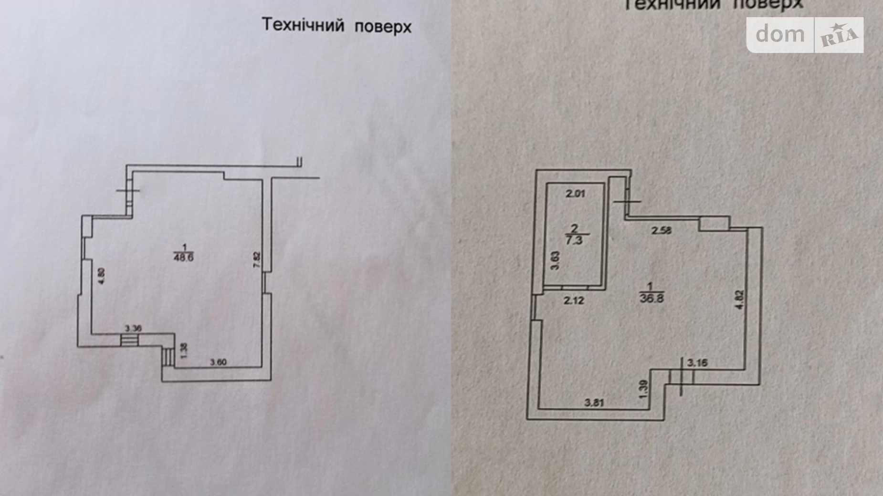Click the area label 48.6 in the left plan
[184, 258]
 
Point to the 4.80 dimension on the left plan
[101, 277]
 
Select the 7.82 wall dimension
[257, 260]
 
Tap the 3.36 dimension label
[133, 329]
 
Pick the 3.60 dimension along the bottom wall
[218, 362]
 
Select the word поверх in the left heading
[383, 26]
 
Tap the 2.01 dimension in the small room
[575, 194]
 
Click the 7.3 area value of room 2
[574, 240]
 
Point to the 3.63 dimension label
[555, 261]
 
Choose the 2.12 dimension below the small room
[574, 300]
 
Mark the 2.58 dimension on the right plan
[662, 231]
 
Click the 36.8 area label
[652, 299]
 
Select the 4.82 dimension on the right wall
[740, 300]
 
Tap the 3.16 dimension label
[697, 363]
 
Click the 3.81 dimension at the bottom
[594, 403]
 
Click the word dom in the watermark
[780, 34]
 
